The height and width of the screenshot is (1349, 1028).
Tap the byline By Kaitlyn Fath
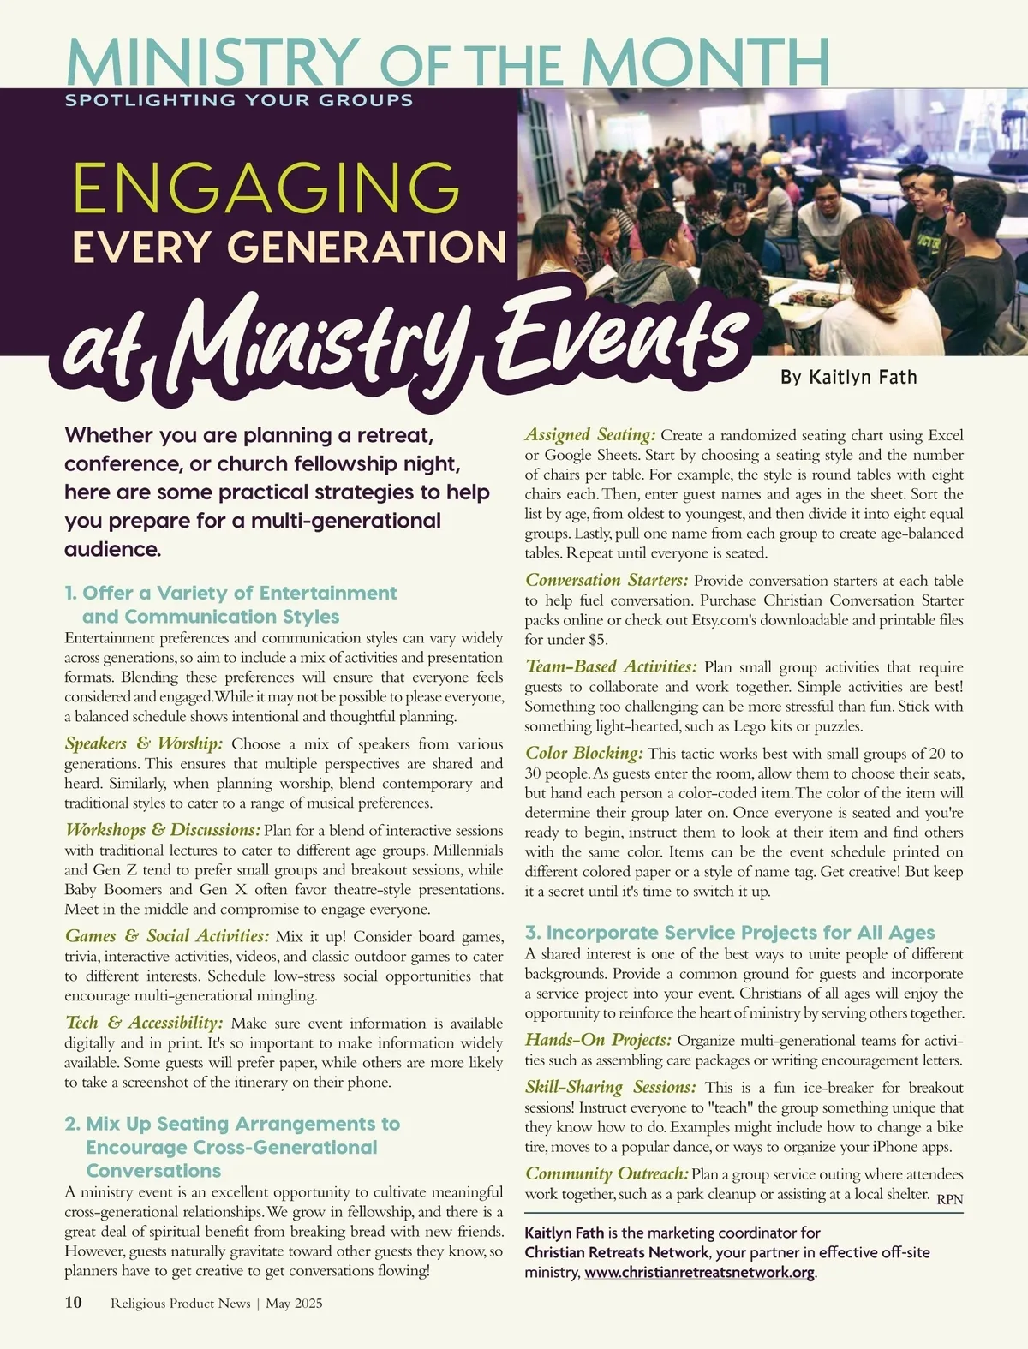(x=848, y=377)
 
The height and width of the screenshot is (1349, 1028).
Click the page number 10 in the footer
(x=74, y=1303)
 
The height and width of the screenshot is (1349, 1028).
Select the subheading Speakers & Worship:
(x=144, y=743)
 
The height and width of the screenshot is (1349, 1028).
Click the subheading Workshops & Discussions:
(x=163, y=830)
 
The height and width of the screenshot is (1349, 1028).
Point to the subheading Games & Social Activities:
(x=167, y=936)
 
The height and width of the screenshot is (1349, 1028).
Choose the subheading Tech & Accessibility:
(x=144, y=1023)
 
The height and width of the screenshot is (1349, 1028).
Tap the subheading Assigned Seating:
(x=590, y=435)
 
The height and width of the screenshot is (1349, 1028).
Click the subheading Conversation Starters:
(x=607, y=581)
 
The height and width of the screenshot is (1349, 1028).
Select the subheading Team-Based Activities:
(x=611, y=667)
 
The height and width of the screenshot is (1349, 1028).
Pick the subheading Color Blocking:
(x=583, y=754)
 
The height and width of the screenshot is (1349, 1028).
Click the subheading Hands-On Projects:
(x=598, y=1041)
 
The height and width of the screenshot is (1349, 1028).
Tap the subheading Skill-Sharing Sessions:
(x=611, y=1088)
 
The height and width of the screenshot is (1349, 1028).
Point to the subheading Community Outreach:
(x=607, y=1174)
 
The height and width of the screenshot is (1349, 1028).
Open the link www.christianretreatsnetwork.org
(x=699, y=1273)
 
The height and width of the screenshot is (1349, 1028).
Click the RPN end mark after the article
(x=949, y=1200)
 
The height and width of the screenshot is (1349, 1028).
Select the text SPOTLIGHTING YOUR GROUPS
(x=239, y=100)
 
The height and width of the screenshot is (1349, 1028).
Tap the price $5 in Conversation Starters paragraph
(x=598, y=640)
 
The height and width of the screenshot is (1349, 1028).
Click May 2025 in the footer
(x=294, y=1304)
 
